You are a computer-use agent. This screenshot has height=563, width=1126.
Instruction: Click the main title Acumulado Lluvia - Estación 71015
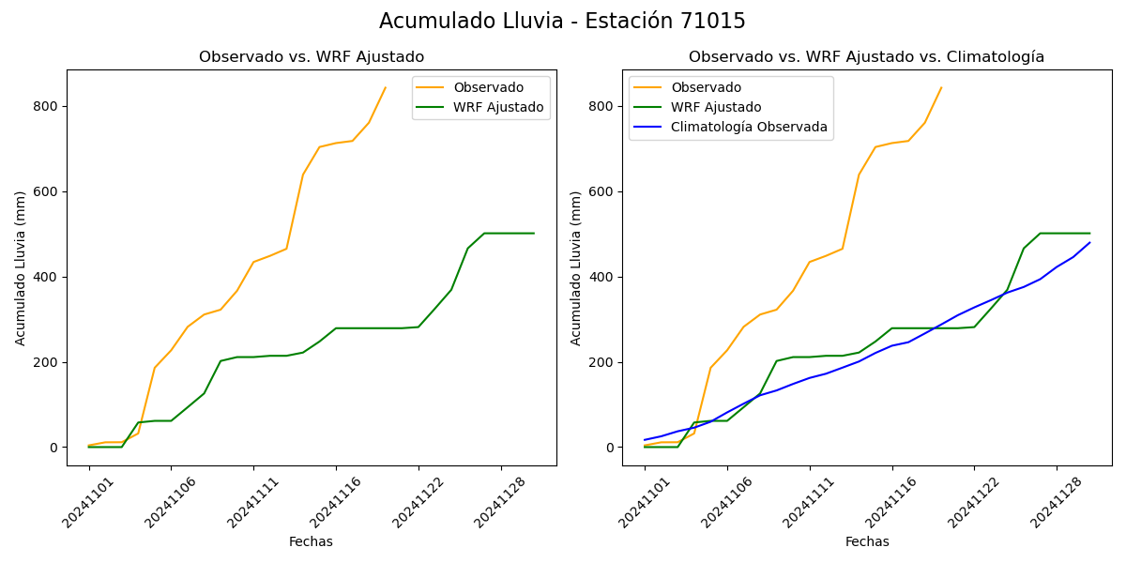[x=562, y=22]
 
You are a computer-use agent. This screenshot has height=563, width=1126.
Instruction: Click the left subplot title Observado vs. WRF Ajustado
[x=312, y=57]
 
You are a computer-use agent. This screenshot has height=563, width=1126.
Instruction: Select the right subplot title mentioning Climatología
[x=866, y=57]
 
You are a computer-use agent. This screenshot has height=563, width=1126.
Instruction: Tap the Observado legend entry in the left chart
[x=488, y=87]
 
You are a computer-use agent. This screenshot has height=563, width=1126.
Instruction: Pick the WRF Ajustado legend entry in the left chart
[x=498, y=107]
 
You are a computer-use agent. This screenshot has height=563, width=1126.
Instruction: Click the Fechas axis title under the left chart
[x=311, y=541]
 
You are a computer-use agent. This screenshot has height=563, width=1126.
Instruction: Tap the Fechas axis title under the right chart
[x=867, y=541]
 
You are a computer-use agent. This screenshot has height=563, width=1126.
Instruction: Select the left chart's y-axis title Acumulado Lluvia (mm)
[x=21, y=267]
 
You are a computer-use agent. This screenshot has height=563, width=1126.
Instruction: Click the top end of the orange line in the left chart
[x=386, y=87]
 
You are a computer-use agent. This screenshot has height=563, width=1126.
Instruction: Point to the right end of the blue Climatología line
[x=1089, y=243]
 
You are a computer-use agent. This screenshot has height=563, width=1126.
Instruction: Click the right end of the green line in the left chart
[x=534, y=233]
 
